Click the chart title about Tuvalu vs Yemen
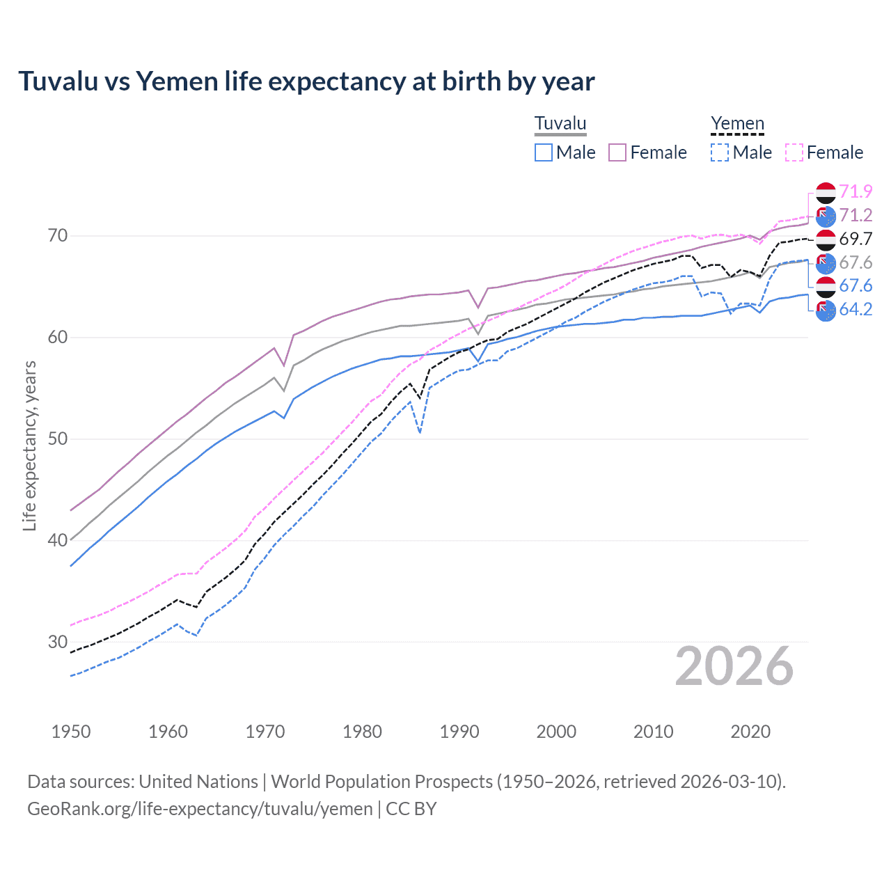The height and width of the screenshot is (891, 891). tap(306, 81)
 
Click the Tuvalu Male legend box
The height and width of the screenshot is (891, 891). tap(544, 152)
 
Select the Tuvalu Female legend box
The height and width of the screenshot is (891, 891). tap(617, 152)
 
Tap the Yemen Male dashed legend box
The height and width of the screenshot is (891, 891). tap(720, 152)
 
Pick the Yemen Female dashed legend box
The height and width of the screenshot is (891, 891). tap(794, 152)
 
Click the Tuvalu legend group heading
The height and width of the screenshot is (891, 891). tap(560, 124)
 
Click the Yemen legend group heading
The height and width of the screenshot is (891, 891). tap(737, 124)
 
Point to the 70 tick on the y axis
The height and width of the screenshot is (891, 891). tap(58, 236)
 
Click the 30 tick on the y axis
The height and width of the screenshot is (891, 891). tap(58, 642)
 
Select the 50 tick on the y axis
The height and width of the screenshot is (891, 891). tap(58, 439)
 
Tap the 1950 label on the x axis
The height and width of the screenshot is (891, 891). tap(71, 732)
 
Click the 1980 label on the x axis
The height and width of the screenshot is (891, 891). tap(362, 732)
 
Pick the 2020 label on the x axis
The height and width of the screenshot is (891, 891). tap(750, 732)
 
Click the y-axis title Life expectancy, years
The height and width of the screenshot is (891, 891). tap(29, 445)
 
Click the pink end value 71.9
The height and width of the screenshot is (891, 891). tap(855, 191)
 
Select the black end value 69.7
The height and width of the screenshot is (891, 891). tap(855, 239)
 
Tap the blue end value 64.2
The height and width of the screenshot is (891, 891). tap(855, 310)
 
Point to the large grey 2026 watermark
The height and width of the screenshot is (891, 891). tap(734, 667)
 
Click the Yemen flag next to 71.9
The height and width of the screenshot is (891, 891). tap(826, 192)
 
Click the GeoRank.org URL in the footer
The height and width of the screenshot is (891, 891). tap(200, 809)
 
